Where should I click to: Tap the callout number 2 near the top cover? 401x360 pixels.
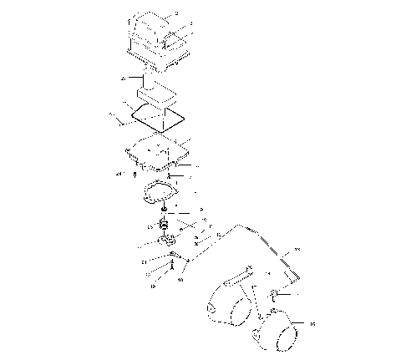tap(176, 15)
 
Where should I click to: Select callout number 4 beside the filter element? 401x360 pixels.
tap(123, 78)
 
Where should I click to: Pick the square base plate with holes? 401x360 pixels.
tap(156, 152)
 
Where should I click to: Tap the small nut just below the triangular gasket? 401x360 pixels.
tap(166, 210)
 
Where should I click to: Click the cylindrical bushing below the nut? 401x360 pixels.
tap(165, 226)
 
